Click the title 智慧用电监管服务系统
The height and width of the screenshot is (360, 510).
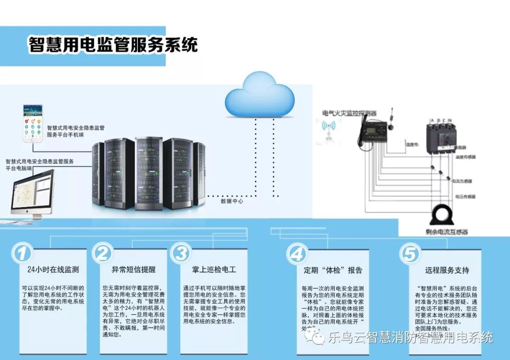click(113, 45)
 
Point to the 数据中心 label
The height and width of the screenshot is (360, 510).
click(232, 201)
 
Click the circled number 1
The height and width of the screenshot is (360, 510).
click(22, 253)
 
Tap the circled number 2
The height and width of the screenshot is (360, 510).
click(102, 253)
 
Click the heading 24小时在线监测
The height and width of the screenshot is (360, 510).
click(53, 270)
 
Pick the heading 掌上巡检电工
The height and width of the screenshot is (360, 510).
click(214, 270)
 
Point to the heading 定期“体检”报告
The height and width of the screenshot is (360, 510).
click(333, 270)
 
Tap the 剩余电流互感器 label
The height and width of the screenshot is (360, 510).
click(446, 232)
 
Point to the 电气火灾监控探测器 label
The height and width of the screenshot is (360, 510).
click(349, 113)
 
